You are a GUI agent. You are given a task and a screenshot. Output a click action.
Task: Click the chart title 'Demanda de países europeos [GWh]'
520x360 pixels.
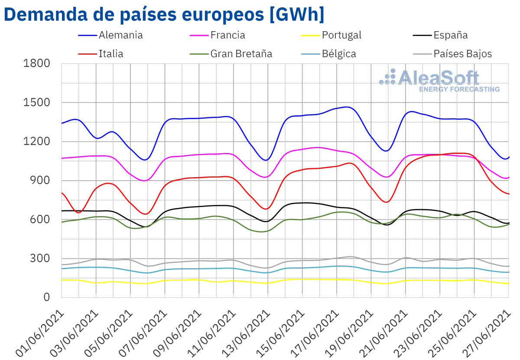coord(164,14)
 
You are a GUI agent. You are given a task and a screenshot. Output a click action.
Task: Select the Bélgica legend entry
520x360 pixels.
coord(339,54)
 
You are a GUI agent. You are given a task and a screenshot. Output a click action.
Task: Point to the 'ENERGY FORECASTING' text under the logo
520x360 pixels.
coord(459,89)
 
